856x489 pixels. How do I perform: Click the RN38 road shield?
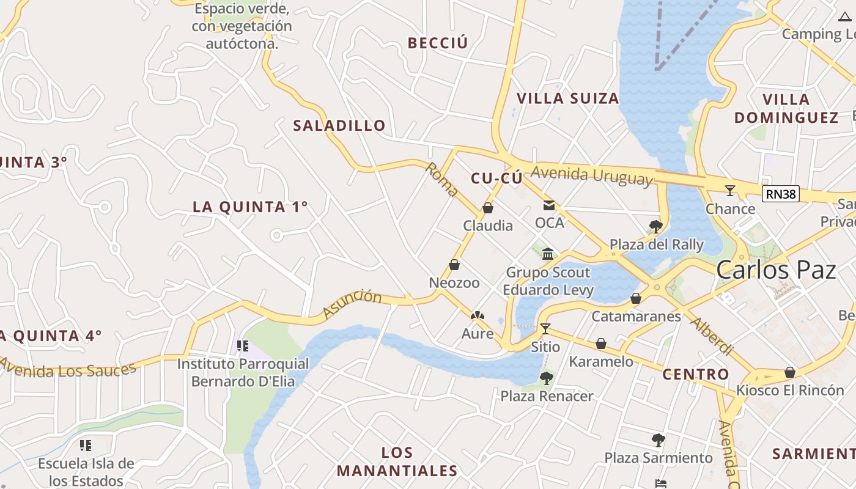pos(781,194)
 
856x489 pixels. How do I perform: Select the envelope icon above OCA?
pos(549,206)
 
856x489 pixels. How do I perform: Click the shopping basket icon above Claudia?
pos(487,208)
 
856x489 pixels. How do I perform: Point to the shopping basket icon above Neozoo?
pos(454,265)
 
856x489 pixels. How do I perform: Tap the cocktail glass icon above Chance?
pos(729,191)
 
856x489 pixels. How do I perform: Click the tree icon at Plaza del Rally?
pos(656,227)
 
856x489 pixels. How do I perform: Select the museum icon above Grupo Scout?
pos(548,254)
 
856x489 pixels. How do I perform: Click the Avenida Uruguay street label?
pos(591,175)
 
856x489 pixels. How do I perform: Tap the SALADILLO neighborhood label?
pos(339,126)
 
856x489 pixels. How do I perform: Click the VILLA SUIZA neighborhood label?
pos(567,98)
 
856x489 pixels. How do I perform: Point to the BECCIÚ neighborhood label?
pos(437,43)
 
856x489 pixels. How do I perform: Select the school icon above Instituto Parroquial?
pos(242,347)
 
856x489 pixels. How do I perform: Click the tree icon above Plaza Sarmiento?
pos(658,439)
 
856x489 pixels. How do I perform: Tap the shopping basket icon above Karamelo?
pos(601,344)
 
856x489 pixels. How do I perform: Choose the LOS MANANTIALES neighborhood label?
pos(397,461)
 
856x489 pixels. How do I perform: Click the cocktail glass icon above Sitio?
pos(545,329)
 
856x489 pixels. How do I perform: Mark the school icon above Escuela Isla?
pos(86,446)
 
